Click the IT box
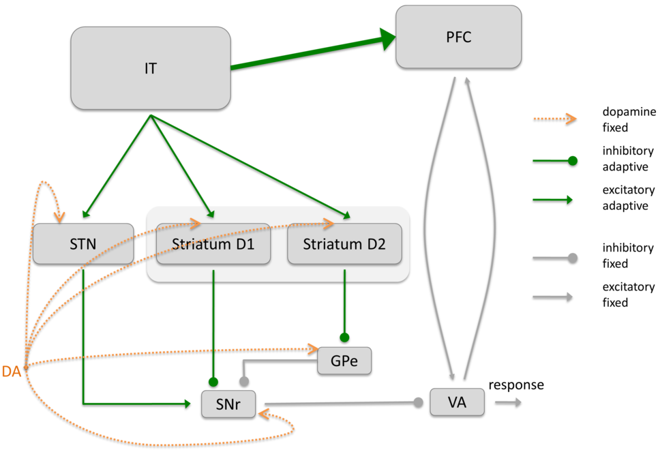(x=151, y=67)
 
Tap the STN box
(x=83, y=243)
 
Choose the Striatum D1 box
(x=213, y=243)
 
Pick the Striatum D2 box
(x=344, y=243)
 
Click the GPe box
(x=344, y=361)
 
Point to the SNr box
(x=228, y=404)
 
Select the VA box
(x=457, y=402)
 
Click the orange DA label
(x=11, y=372)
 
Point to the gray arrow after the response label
(x=508, y=403)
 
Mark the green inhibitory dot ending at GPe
(x=344, y=337)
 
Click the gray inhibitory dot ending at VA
(x=419, y=402)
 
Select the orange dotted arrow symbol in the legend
(x=554, y=119)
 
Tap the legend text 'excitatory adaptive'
(x=628, y=198)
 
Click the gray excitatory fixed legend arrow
(x=554, y=297)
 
